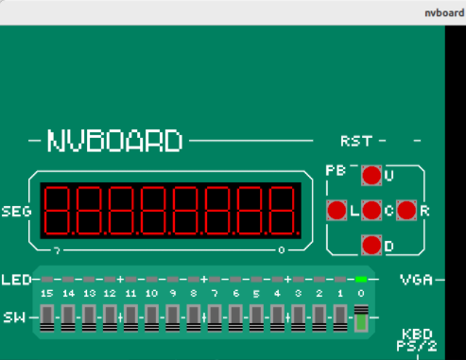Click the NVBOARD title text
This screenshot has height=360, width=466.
114,142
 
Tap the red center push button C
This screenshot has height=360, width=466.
371,210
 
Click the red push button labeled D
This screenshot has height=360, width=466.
371,246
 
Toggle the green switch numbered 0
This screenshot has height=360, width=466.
360,317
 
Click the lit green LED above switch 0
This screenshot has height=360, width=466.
360,281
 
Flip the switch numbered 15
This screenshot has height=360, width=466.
47,317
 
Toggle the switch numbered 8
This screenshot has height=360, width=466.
193,317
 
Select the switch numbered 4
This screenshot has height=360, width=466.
277,317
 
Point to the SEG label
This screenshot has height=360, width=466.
16,211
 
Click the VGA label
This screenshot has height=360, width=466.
416,281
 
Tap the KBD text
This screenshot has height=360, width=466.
417,335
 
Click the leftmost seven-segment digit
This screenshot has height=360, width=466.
58,211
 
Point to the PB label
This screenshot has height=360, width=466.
336,171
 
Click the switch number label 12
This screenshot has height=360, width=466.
110,294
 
